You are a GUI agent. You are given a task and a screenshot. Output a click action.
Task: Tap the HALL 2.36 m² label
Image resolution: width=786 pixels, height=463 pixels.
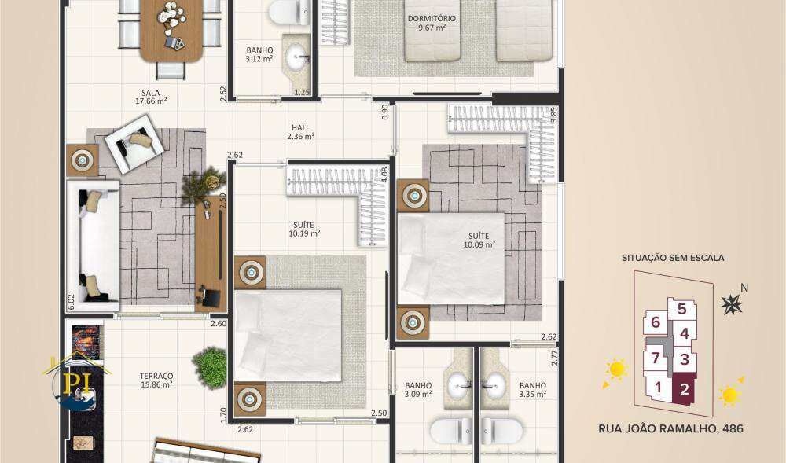coord(300,131)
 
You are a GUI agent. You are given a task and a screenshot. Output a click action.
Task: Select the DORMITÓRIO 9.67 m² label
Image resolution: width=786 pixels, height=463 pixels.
coord(432,23)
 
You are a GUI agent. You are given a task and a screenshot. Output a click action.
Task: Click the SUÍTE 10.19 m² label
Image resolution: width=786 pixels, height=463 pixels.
coord(304,229)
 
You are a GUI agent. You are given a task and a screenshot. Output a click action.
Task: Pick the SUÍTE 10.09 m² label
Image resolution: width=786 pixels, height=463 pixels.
coord(479,240)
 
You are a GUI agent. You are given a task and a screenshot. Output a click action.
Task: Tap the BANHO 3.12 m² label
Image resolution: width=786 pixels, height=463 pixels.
coord(259,53)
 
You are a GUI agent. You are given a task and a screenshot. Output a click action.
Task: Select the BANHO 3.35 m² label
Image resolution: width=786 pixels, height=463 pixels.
coord(532,390)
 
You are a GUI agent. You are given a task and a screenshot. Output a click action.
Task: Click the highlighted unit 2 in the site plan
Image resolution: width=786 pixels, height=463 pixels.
coord(684,388)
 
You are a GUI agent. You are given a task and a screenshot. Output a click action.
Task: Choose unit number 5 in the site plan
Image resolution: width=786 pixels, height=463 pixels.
coord(681,310)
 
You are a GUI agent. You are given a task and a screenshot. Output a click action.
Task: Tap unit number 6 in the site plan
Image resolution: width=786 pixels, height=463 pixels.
coord(655,322)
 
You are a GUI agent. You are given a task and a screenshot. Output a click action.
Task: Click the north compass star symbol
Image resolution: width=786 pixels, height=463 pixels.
coord(733,303)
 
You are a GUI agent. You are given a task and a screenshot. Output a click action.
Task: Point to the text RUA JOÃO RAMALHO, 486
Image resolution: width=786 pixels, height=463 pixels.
coord(670,429)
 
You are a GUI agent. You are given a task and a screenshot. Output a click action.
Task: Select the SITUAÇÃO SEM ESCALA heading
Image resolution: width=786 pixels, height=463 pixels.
coord(672,257)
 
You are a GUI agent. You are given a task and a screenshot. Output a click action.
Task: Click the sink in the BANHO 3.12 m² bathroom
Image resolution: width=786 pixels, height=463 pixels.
coord(297,55)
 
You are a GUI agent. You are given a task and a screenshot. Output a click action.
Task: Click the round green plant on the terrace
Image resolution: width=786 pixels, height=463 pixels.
coord(210,366)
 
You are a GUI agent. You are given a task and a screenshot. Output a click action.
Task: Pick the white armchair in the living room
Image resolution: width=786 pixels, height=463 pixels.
coord(138,142)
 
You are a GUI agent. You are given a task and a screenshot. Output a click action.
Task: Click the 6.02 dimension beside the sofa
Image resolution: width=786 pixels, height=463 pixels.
coord(71,302)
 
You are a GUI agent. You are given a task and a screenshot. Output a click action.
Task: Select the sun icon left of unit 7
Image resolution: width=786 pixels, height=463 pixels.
coord(615,369)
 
